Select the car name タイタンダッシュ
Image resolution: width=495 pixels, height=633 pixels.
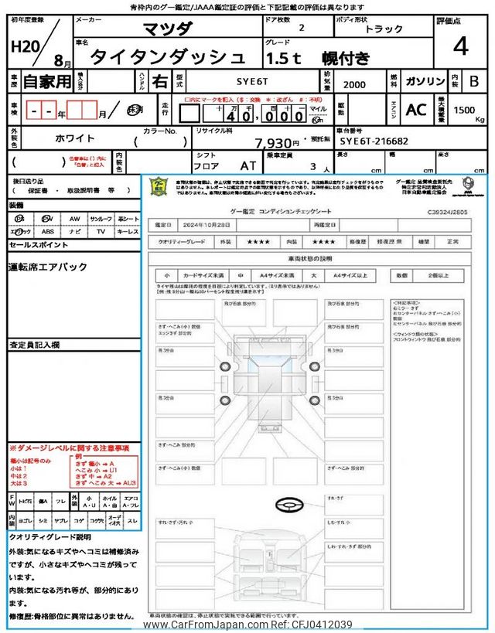coord(168,57)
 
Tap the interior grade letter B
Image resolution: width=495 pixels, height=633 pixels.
coord(473,80)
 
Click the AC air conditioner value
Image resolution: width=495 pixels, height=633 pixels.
coord(416,110)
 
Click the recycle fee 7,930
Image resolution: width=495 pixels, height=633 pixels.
coord(276,143)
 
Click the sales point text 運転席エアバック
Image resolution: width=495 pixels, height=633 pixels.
coord(48,267)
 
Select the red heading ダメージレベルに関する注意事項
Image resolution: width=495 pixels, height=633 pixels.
coord(72,448)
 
